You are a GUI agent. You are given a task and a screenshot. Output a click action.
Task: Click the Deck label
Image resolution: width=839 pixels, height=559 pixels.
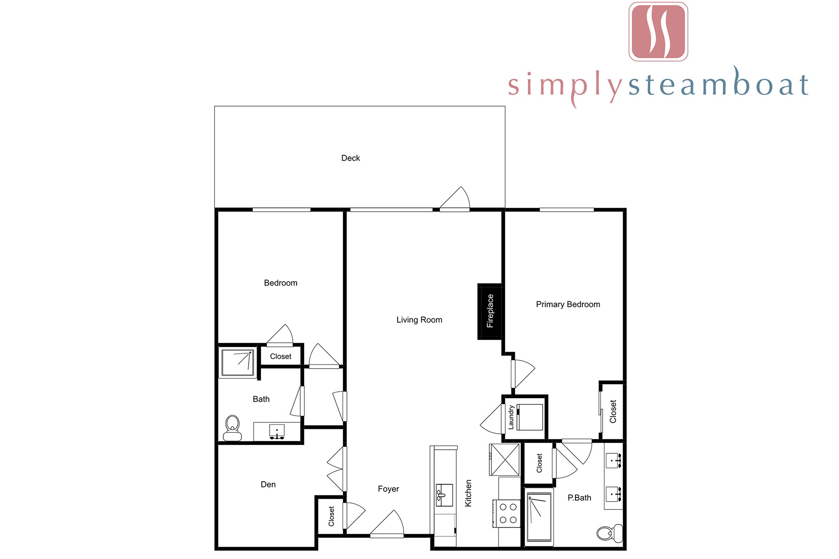click(350, 158)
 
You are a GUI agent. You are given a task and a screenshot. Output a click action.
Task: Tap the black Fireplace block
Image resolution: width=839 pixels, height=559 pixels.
click(489, 311)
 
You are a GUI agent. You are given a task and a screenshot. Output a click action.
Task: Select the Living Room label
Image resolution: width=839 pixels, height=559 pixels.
click(419, 320)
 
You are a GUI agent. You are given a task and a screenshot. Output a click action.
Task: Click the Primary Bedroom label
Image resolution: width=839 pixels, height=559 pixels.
click(568, 304)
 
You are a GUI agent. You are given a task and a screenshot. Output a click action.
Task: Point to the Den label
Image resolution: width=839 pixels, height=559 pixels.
click(268, 484)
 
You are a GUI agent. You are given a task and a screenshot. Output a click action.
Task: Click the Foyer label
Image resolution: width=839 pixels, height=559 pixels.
click(388, 489)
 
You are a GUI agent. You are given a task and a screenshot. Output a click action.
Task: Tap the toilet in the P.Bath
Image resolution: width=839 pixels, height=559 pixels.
click(609, 533)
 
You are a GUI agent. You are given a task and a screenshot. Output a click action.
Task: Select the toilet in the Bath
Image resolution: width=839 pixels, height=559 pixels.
click(232, 428)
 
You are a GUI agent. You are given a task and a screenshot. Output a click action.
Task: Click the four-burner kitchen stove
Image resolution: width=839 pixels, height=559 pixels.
click(507, 514)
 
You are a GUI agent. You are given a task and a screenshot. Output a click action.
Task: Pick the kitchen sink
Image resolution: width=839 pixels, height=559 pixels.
click(444, 495)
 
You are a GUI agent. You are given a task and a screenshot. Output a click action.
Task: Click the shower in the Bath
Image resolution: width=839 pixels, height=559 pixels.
click(238, 362)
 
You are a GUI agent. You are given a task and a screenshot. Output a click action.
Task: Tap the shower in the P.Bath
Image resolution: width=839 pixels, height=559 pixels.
click(539, 517)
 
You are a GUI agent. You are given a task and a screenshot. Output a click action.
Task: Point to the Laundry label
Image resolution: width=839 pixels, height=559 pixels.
click(511, 418)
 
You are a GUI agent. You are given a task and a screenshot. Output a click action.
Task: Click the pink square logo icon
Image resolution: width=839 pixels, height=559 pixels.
click(658, 31)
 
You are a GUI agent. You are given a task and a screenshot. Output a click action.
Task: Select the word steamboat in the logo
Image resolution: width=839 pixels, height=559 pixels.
click(718, 83)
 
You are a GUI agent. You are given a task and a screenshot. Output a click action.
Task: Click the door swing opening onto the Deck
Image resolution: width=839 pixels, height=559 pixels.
click(454, 199)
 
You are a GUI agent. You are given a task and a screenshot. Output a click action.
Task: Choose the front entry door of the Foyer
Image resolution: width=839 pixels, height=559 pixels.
click(387, 524)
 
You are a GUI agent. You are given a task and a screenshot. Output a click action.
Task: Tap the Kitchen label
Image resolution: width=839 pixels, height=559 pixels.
click(468, 493)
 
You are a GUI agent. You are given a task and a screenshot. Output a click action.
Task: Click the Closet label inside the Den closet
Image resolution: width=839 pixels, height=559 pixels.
click(331, 516)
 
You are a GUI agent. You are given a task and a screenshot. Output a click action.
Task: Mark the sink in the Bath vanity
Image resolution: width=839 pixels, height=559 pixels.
click(277, 431)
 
